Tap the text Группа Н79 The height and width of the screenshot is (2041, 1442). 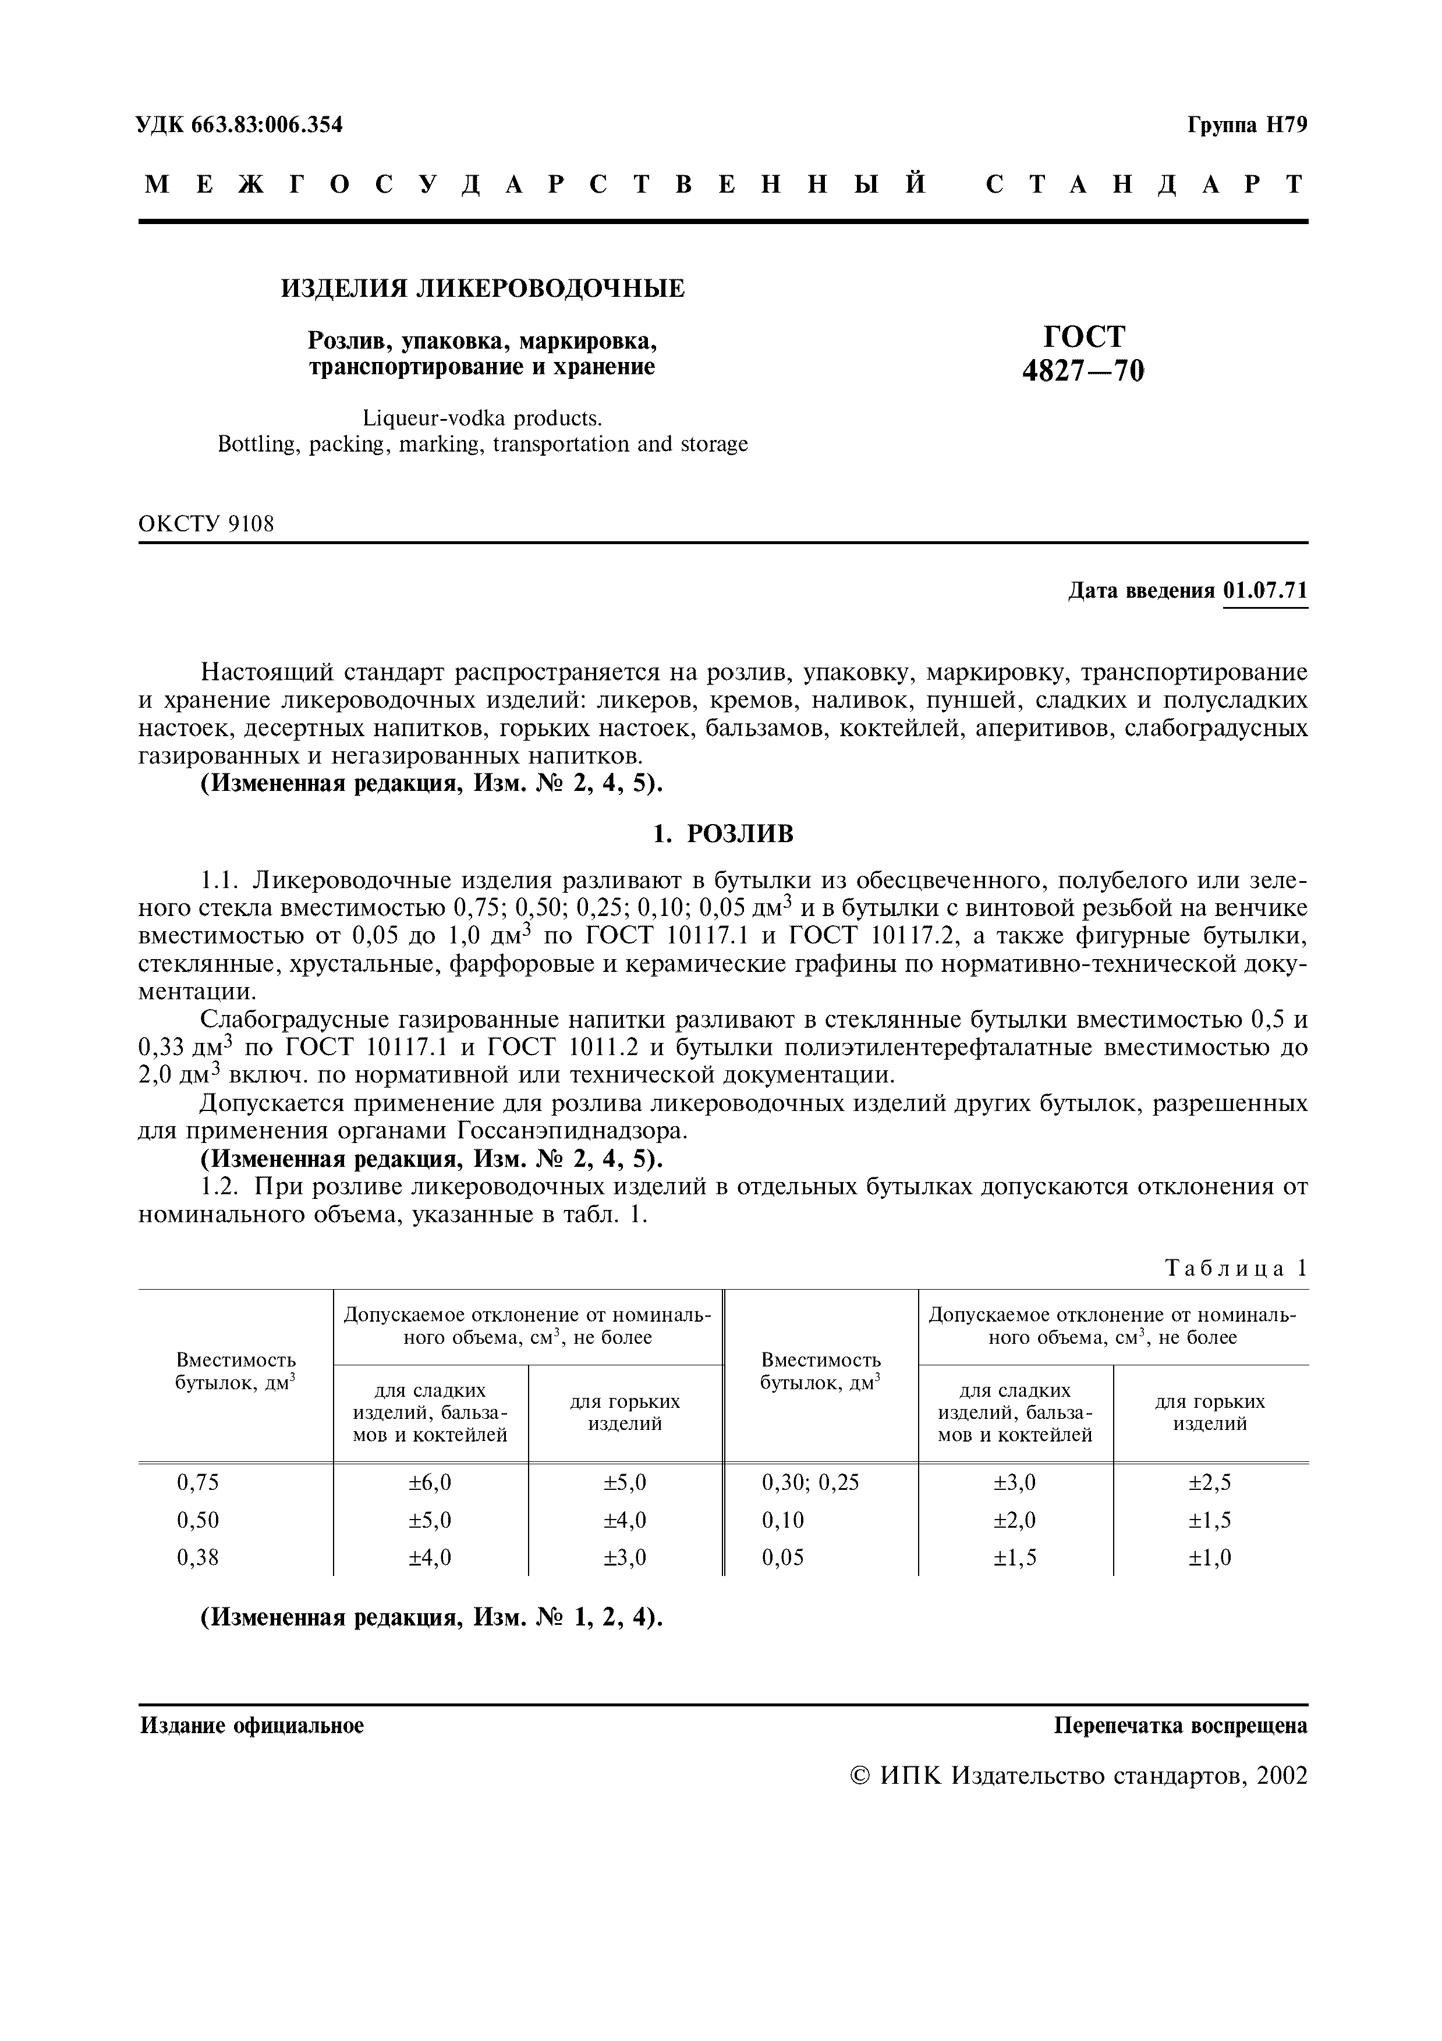1248,125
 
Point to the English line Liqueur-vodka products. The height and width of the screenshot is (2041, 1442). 483,417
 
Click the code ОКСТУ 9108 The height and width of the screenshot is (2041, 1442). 206,524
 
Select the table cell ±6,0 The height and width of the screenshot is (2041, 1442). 430,1482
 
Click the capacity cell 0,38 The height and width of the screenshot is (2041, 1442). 197,1557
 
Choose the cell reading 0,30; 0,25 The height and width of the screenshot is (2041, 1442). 810,1482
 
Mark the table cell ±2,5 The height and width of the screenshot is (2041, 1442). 1210,1482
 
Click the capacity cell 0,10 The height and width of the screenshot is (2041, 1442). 782,1519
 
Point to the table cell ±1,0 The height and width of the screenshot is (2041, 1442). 1210,1557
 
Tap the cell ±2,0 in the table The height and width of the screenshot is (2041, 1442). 1014,1519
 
